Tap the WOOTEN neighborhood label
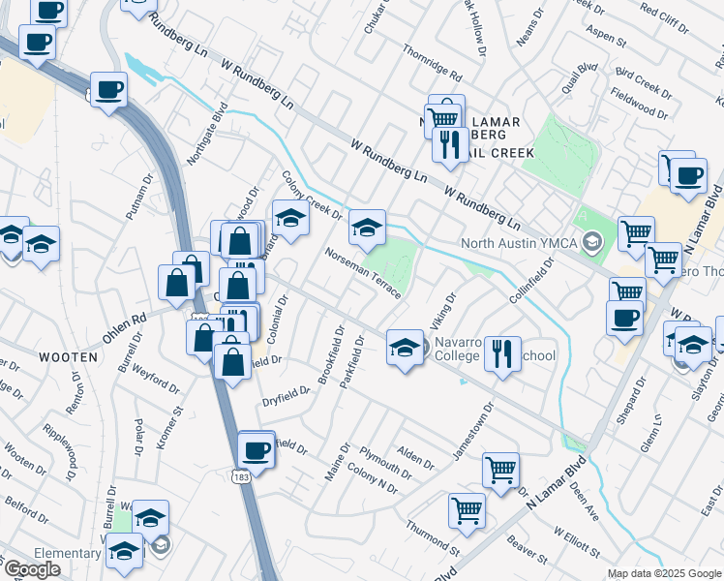point(69,357)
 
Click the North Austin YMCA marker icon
point(593,242)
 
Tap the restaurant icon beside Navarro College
point(500,352)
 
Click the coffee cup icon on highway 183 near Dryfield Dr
point(256,449)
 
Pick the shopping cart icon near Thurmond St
point(467,510)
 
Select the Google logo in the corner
point(32,569)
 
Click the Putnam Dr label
point(139,197)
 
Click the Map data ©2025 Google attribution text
point(664,573)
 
